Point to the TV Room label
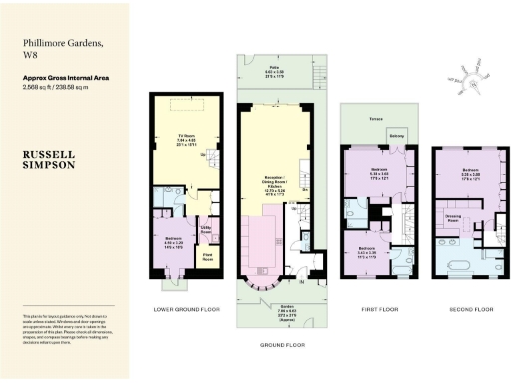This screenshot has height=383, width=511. coord(181,140)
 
